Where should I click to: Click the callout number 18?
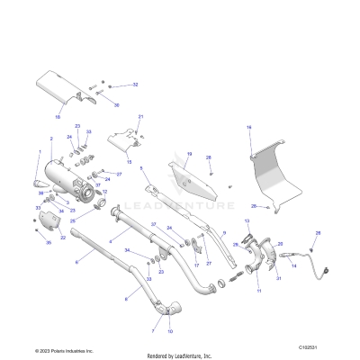point(58,117)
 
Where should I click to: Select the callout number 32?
point(136,85)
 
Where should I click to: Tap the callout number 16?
point(249,129)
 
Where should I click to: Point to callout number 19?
point(189,154)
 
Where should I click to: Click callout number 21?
point(140,118)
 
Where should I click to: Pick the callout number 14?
point(294,266)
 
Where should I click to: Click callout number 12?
point(104,192)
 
